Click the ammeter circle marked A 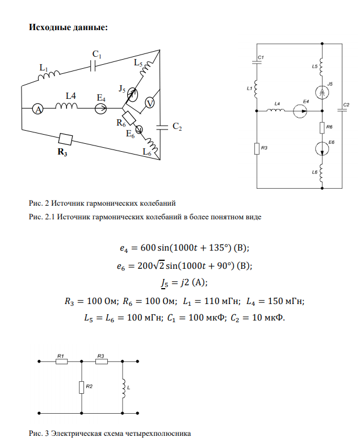click(x=38, y=110)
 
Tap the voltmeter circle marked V click(x=149, y=103)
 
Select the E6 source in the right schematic click(x=322, y=148)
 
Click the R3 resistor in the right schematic click(x=257, y=149)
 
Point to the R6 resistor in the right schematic click(x=322, y=127)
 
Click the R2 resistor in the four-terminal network click(x=82, y=387)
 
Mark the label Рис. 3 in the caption click(x=39, y=433)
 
